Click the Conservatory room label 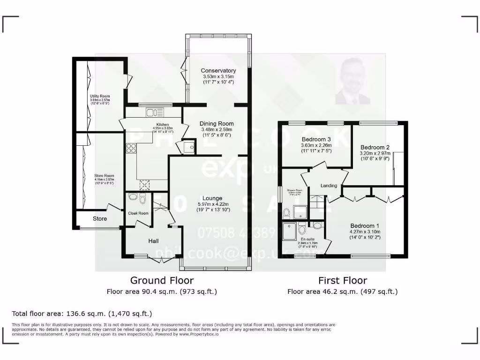[218, 71]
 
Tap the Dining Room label [216, 124]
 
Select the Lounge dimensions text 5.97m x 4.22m [212, 204]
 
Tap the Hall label [153, 241]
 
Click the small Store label [99, 218]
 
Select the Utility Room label [100, 96]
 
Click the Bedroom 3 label [316, 139]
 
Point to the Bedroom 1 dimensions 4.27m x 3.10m [365, 232]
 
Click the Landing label [329, 186]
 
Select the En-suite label [307, 239]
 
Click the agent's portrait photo [352, 82]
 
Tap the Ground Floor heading [162, 280]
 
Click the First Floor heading [342, 281]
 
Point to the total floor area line [82, 313]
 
